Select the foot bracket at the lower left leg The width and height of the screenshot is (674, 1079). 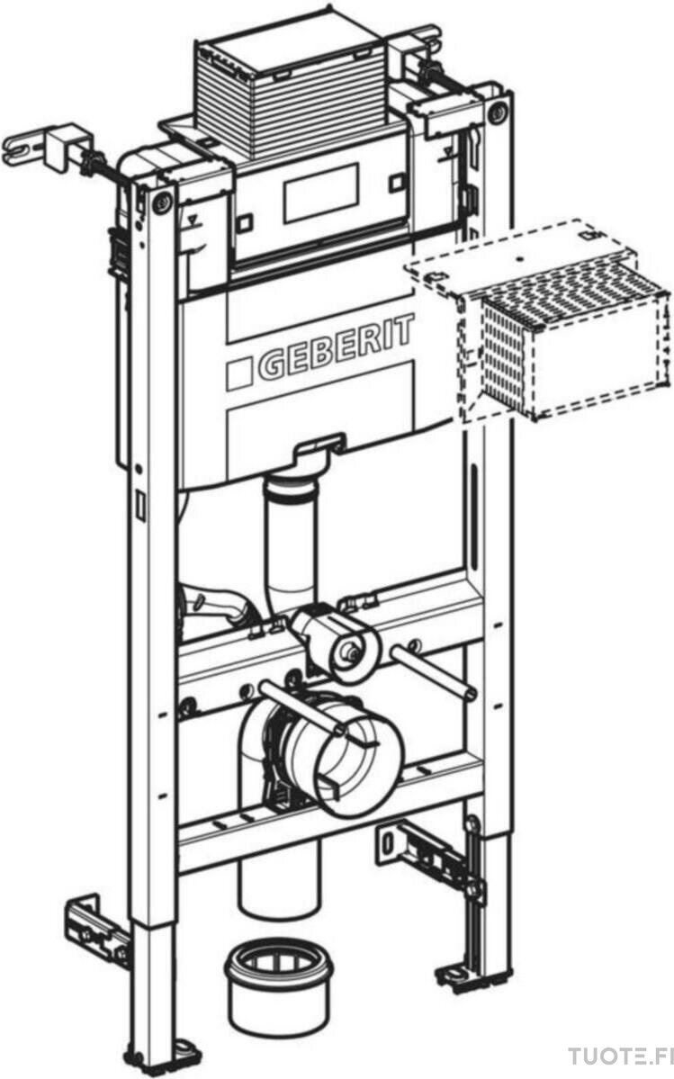[x=97, y=927]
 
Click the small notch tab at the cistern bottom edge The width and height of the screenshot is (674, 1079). [x=319, y=445]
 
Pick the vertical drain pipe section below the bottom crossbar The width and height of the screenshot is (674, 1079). [x=279, y=882]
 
